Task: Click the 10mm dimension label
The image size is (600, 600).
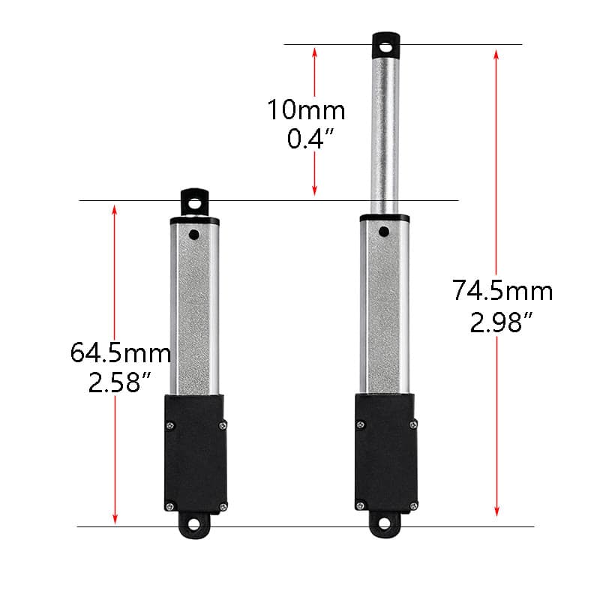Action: pos(306,110)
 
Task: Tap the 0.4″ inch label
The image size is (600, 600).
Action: pos(306,139)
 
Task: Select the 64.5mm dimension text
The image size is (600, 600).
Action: pos(121,352)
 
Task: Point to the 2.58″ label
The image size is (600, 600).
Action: pos(121,382)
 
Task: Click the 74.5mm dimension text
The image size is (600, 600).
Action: pos(502,290)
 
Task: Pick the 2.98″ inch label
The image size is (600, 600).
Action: pos(502,322)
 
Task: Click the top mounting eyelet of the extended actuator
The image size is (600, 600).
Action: pos(385,46)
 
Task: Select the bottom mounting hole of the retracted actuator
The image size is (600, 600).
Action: pos(194,524)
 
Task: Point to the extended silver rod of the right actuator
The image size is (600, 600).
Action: pos(385,135)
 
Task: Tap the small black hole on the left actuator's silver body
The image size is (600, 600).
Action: pos(194,235)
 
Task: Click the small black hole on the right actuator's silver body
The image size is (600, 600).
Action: pos(385,231)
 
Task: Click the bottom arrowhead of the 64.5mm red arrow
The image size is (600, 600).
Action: pos(115,519)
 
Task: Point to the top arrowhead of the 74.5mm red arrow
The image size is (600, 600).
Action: pos(496,53)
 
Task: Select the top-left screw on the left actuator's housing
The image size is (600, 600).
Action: pos(169,425)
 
